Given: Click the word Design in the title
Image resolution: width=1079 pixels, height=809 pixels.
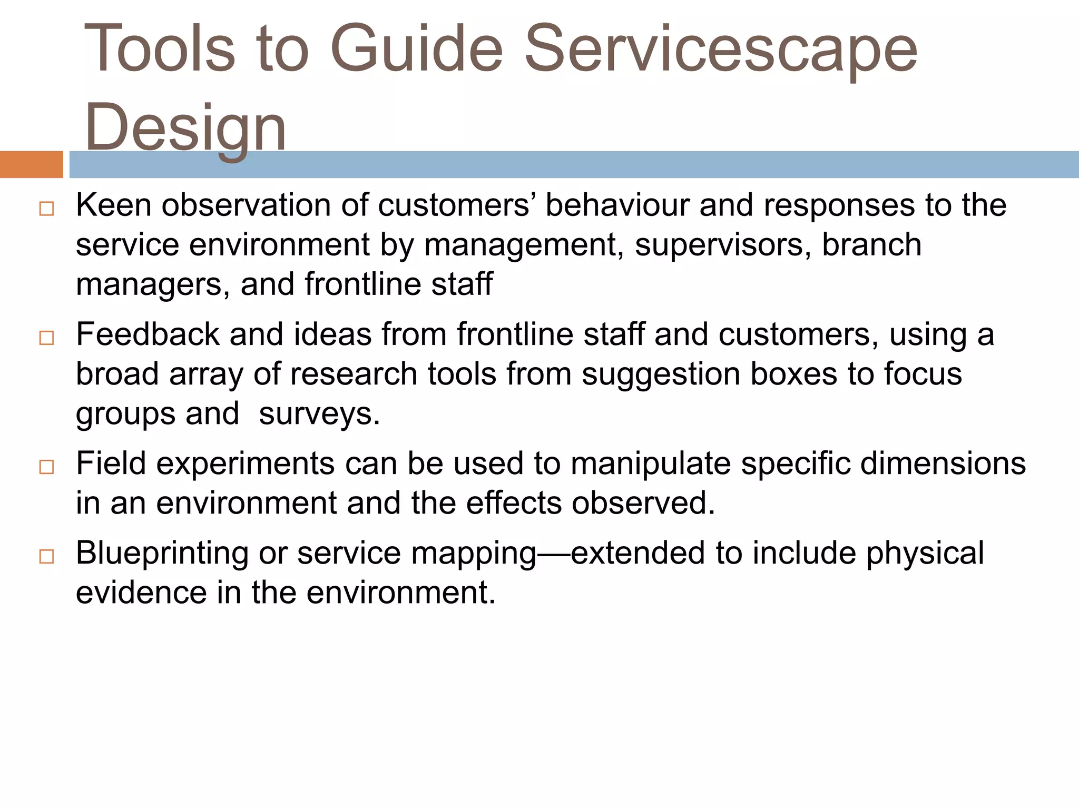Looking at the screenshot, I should click(x=185, y=128).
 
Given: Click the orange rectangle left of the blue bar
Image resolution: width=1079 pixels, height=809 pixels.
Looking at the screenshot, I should click(x=31, y=164).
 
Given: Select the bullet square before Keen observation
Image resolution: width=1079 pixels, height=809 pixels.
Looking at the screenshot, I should click(x=46, y=209).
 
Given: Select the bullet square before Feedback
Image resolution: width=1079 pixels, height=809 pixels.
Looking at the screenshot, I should click(x=46, y=338).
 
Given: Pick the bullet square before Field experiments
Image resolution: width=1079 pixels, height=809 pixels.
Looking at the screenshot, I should click(x=46, y=467).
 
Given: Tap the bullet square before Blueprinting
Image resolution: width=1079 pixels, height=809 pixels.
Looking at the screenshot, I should click(x=46, y=556).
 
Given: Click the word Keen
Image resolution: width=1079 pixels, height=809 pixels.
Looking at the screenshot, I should click(x=113, y=205).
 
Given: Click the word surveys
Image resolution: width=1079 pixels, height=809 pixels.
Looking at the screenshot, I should click(x=319, y=415).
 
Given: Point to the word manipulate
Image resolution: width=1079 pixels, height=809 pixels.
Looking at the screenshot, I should click(x=651, y=464).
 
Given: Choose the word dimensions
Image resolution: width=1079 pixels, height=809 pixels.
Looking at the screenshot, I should click(x=943, y=464).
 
